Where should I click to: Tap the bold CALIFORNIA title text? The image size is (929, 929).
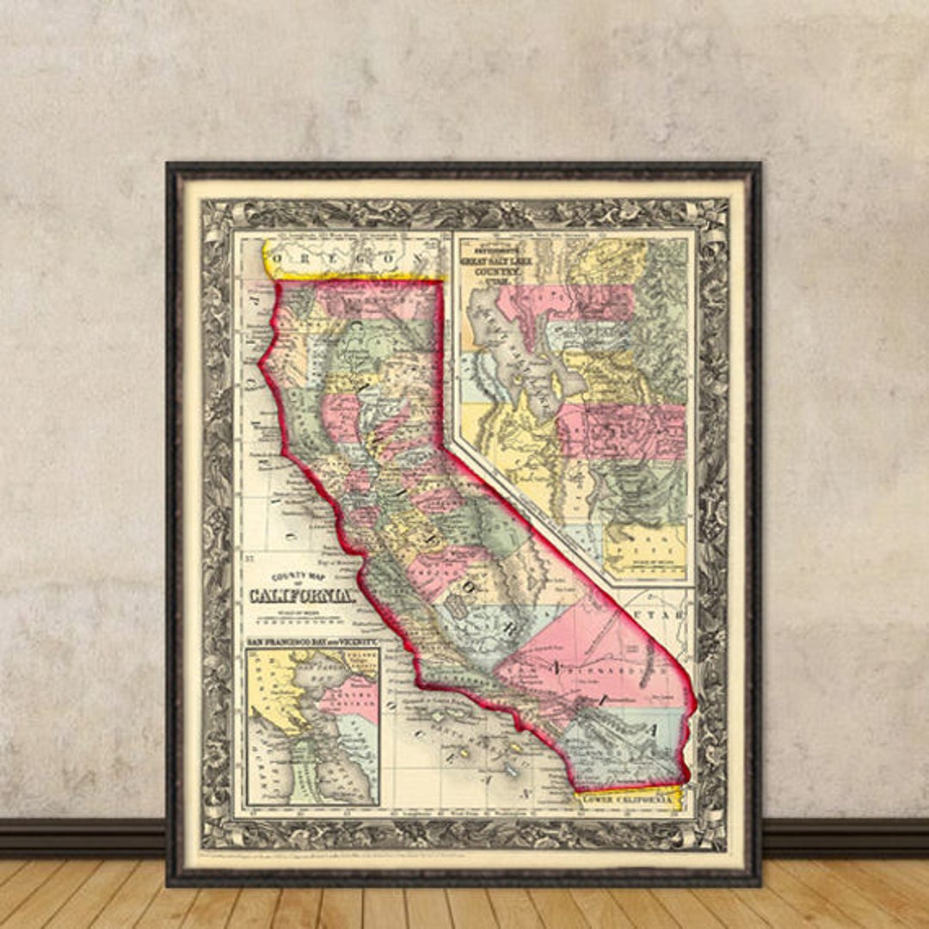(x=301, y=595)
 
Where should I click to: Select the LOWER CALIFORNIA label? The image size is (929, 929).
(x=629, y=799)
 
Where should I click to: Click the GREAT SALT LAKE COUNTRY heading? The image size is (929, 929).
(x=497, y=261)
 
